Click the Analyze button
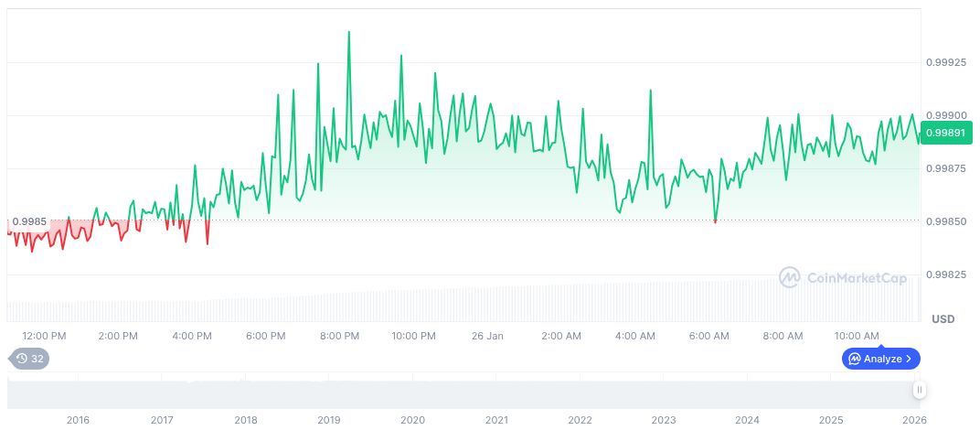[880, 359]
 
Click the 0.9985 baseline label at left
[28, 221]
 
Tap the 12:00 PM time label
[44, 336]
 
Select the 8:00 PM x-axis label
[339, 336]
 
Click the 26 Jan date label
[487, 336]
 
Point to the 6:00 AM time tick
[708, 336]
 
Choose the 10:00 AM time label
[857, 336]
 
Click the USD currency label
[943, 319]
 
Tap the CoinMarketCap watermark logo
[842, 277]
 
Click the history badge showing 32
[29, 359]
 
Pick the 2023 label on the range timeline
[664, 420]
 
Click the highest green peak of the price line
[348, 32]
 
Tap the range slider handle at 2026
[920, 390]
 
